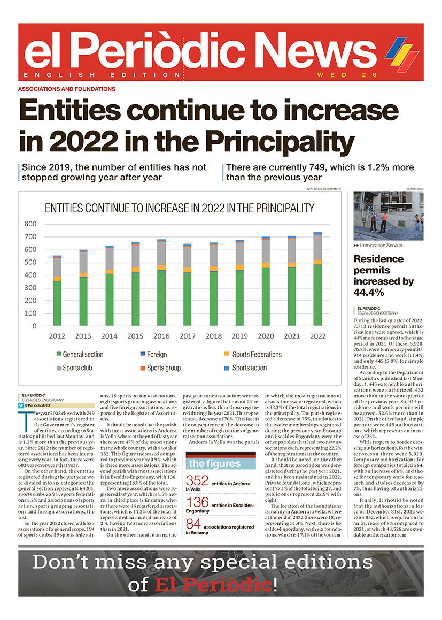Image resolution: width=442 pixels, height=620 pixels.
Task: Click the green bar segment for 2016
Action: coord(161,297)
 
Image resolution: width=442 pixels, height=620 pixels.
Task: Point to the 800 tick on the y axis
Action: coord(30,224)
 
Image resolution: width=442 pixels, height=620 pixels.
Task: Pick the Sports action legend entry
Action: coord(245,368)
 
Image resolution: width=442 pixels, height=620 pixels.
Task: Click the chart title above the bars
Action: coord(180,208)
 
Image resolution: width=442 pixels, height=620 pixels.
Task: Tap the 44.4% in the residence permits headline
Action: coord(369,292)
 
